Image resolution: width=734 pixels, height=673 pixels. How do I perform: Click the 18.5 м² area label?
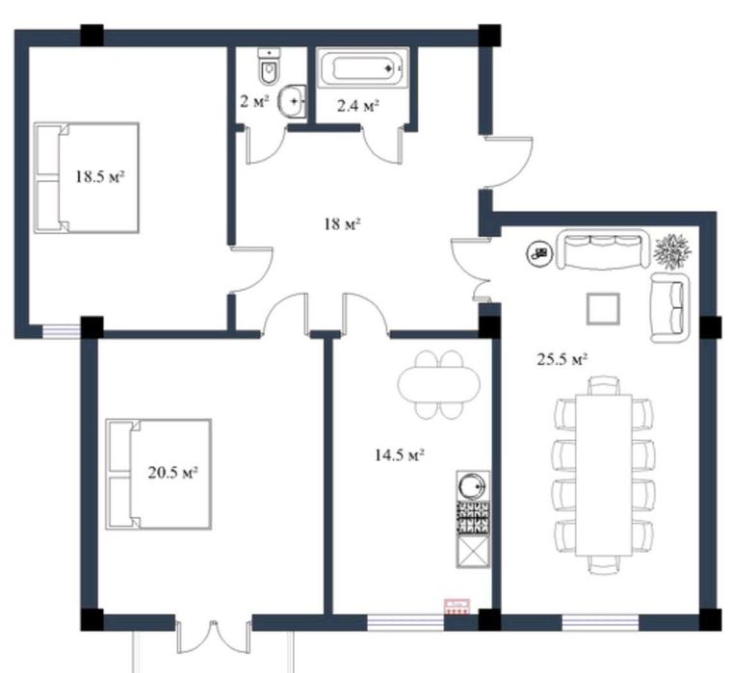(100, 177)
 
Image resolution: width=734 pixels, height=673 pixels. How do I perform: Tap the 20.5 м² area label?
(172, 473)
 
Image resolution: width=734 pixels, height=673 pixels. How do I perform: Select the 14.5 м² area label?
(400, 454)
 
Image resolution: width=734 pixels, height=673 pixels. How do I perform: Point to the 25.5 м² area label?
(562, 359)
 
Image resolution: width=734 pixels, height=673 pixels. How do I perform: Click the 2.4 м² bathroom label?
(357, 106)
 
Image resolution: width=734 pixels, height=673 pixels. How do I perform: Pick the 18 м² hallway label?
(342, 224)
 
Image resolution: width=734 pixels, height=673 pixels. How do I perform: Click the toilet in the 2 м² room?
(269, 66)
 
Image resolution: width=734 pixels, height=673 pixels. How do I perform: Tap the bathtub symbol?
(360, 68)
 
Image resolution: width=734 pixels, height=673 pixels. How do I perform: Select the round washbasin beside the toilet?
(293, 100)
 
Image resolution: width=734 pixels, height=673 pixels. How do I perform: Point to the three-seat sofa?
(604, 248)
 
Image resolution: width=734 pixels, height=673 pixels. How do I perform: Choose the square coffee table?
(603, 308)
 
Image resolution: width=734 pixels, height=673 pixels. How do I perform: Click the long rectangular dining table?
(604, 475)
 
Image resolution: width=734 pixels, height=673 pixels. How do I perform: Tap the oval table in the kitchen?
(438, 385)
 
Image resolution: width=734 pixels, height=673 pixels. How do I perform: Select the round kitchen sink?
(473, 487)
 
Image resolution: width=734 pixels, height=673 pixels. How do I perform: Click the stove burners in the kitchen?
(473, 518)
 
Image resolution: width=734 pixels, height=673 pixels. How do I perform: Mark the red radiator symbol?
(458, 607)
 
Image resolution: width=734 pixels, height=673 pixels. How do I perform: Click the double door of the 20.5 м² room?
(214, 637)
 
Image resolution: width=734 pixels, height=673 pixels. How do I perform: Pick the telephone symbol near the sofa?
(539, 253)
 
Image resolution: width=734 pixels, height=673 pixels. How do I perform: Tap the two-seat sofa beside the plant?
(670, 308)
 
